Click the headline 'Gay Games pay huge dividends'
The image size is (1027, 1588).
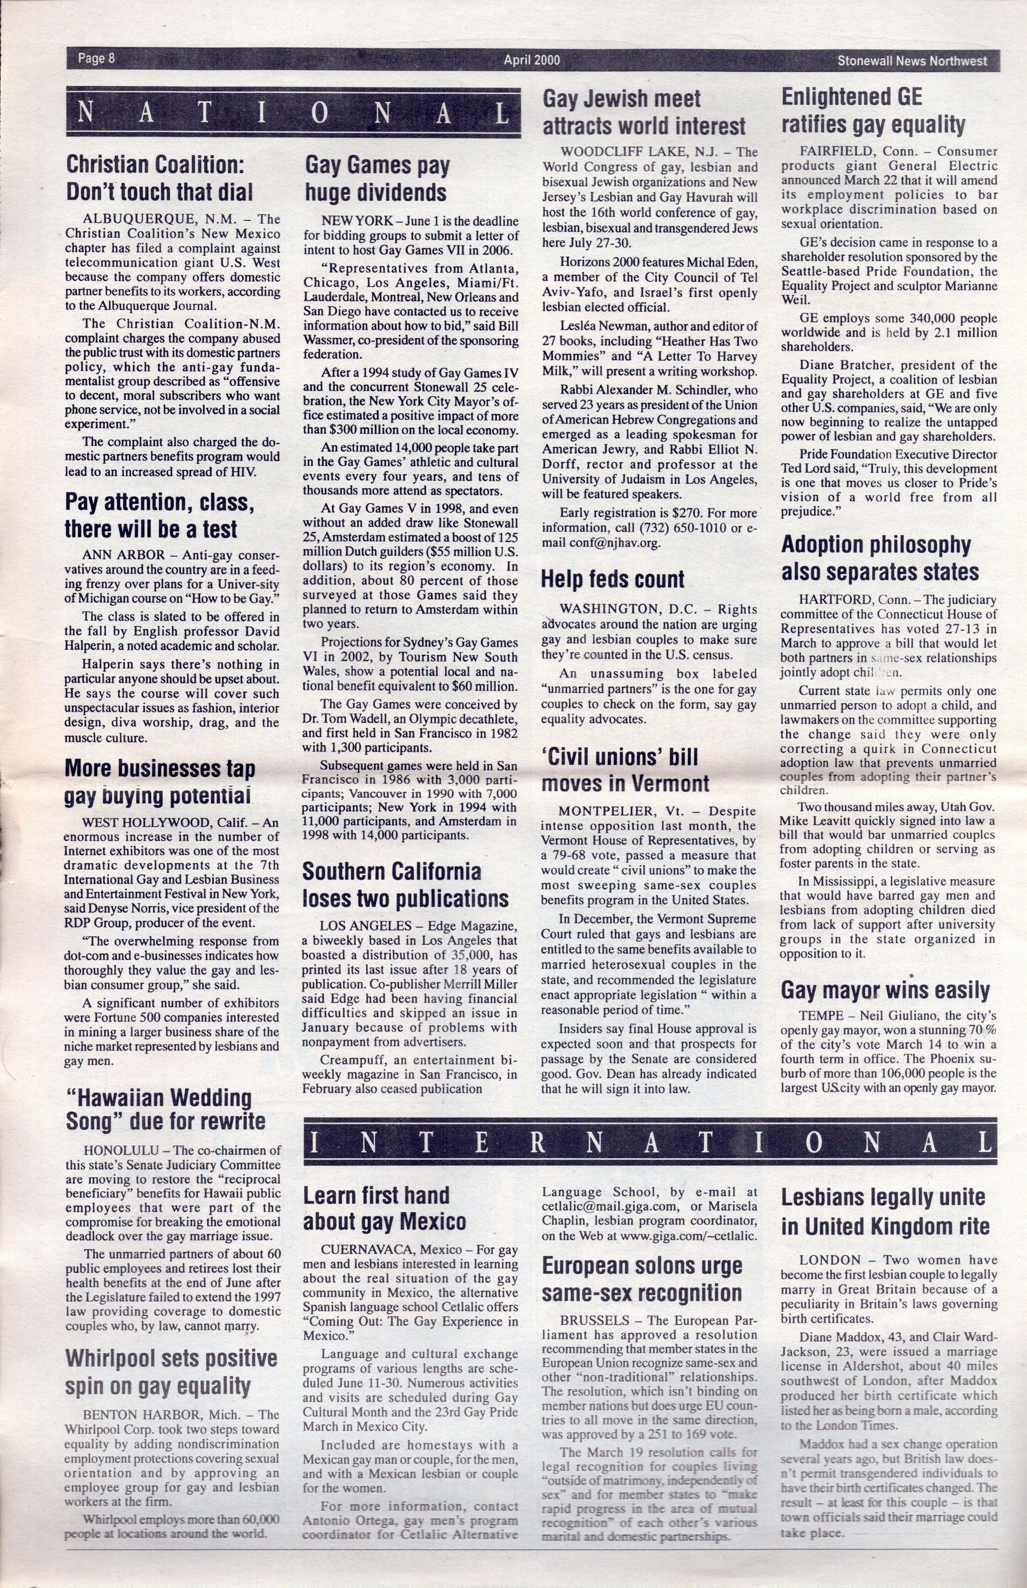(376, 179)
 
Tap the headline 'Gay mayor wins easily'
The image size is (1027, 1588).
(885, 990)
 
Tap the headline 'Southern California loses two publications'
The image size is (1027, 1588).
(406, 885)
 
